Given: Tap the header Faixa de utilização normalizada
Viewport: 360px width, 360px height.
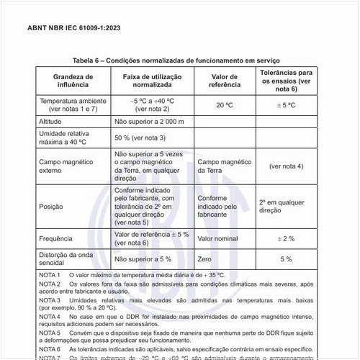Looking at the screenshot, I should click(152, 80).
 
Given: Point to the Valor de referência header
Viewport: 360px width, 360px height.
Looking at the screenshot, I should click(223, 80).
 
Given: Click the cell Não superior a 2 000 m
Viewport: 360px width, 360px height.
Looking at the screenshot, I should click(148, 122).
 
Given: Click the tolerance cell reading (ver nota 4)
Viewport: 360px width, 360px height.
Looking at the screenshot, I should click(286, 166).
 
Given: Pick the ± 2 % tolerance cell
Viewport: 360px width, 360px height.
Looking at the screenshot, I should click(286, 238).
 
